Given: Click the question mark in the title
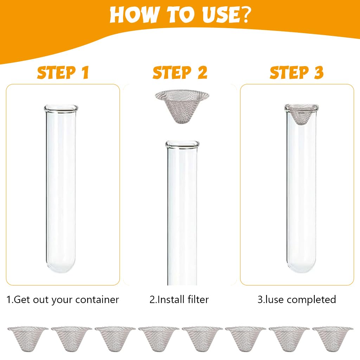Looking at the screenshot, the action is click(x=244, y=15).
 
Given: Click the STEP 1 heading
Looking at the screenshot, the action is click(x=63, y=72).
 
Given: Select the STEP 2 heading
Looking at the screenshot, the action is click(x=180, y=72).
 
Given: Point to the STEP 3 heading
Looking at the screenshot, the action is click(x=297, y=72).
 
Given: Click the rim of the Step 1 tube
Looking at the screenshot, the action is click(x=61, y=108).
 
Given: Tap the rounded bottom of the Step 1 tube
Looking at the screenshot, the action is click(x=61, y=266).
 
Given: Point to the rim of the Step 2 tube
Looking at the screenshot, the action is click(x=182, y=144).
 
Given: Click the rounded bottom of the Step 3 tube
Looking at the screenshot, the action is click(x=301, y=266).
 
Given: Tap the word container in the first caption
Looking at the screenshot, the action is click(x=97, y=300).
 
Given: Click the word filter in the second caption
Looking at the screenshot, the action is click(x=198, y=300).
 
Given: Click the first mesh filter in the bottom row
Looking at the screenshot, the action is click(x=28, y=339).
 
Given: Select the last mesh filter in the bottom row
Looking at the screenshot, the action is click(x=333, y=339).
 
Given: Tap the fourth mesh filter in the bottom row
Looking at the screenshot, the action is click(x=159, y=339).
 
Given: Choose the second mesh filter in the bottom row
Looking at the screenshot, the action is click(x=71, y=339).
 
